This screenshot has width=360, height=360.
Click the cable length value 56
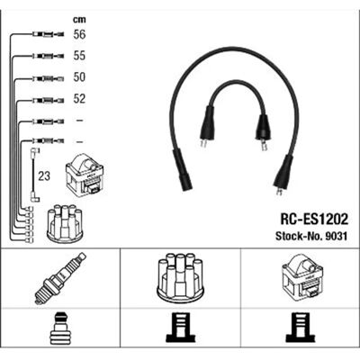(x=79, y=34)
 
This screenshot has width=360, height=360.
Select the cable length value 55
(x=79, y=56)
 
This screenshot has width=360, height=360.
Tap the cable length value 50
(x=79, y=77)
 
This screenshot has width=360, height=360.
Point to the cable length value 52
(x=79, y=99)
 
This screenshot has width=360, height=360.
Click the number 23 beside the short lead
(x=44, y=176)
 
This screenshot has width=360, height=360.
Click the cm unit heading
(x=79, y=20)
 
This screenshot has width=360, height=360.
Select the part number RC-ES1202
(x=314, y=220)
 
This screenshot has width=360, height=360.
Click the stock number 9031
(x=335, y=236)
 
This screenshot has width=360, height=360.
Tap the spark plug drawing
(x=60, y=278)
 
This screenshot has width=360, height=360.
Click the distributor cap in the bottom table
(x=180, y=278)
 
